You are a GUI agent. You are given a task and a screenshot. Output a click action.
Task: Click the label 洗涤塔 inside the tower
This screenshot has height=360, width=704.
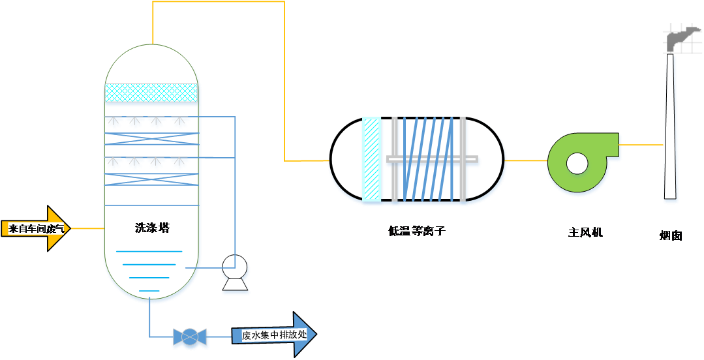pyautogui.click(x=152, y=228)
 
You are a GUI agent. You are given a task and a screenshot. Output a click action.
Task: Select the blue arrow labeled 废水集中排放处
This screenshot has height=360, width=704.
pyautogui.click(x=274, y=335)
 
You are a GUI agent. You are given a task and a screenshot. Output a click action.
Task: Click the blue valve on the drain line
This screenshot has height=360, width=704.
pyautogui.click(x=189, y=337)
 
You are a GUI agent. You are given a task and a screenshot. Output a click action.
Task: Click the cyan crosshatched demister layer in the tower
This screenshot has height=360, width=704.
pyautogui.click(x=151, y=93)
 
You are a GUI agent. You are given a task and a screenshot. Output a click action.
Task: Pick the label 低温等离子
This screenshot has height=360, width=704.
pyautogui.click(x=416, y=231)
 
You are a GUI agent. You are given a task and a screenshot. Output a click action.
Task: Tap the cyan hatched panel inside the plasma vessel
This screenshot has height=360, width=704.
pyautogui.click(x=371, y=159)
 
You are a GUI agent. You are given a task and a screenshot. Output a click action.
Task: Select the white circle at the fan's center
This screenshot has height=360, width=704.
pyautogui.click(x=577, y=163)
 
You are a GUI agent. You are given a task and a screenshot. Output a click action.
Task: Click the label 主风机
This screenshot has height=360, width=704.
pyautogui.click(x=585, y=232)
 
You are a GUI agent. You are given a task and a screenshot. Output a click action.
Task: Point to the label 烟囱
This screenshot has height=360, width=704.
pyautogui.click(x=671, y=235)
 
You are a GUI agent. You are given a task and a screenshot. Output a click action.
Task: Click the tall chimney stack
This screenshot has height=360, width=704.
pyautogui.click(x=669, y=130)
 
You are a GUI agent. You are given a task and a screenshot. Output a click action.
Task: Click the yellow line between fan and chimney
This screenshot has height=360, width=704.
pyautogui.click(x=641, y=145)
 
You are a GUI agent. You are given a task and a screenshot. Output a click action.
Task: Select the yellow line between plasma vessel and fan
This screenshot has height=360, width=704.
pyautogui.click(x=525, y=160)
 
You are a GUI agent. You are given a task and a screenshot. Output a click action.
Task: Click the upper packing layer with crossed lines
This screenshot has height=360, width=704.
pyautogui.click(x=151, y=138)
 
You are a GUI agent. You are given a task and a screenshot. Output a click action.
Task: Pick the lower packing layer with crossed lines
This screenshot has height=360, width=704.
pyautogui.click(x=151, y=179)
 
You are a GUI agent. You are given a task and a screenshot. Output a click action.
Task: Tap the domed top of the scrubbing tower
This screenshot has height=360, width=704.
pyautogui.click(x=151, y=62)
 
